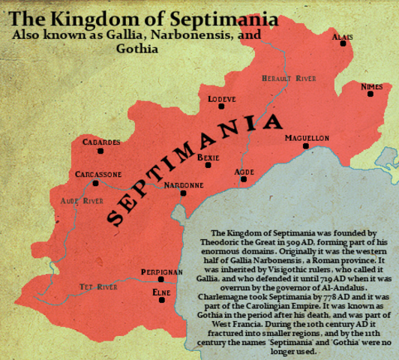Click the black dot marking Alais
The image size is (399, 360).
[343, 43]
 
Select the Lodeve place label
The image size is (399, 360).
[222, 98]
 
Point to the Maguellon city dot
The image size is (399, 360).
[306, 146]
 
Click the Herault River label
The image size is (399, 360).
[289, 78]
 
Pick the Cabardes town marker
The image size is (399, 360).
[100, 151]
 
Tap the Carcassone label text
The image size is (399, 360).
[97, 174]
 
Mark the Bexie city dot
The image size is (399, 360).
[209, 166]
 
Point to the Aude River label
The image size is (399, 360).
[82, 201]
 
